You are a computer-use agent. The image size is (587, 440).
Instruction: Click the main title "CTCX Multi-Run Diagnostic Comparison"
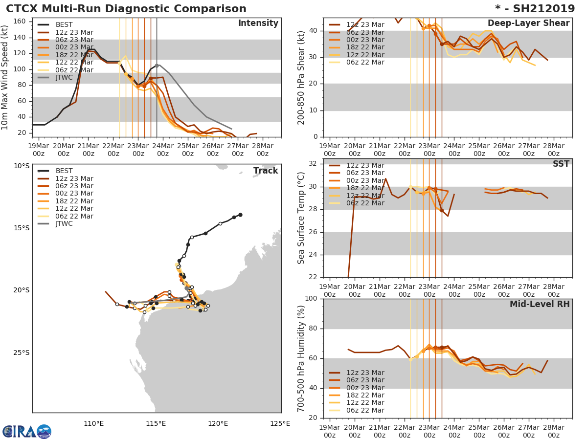tap(126, 9)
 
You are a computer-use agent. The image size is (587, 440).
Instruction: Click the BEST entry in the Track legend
tap(64, 171)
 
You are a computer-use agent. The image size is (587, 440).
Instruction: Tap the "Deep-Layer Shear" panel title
tap(528, 23)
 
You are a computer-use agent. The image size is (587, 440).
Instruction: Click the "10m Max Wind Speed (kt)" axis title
tap(5, 77)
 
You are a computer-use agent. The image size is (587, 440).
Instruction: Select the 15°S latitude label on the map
tap(21, 228)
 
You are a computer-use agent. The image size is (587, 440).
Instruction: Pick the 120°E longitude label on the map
tap(218, 423)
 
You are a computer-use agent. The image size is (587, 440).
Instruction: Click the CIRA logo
tap(26, 432)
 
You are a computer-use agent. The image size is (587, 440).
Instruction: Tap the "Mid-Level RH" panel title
tap(540, 305)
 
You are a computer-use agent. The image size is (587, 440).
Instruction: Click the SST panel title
tap(561, 164)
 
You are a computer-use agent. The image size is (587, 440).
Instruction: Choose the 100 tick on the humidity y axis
tap(311, 299)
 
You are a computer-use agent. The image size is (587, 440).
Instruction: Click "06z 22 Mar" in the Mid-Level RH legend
tap(365, 411)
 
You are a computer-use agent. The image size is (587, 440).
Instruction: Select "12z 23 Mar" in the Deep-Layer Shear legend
tap(365, 25)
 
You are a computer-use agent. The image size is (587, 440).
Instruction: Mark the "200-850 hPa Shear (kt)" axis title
tap(301, 77)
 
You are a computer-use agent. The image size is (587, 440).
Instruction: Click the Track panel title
tap(265, 171)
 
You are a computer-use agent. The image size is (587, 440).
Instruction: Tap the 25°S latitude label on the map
tap(21, 352)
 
